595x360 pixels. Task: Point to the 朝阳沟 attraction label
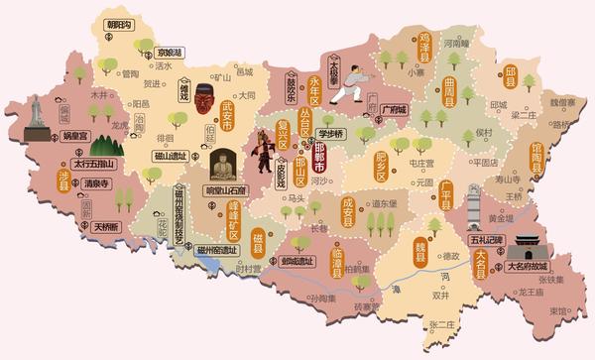[x=118, y=24]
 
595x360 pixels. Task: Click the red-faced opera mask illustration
[x=204, y=99]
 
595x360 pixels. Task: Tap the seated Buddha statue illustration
[x=223, y=164]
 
